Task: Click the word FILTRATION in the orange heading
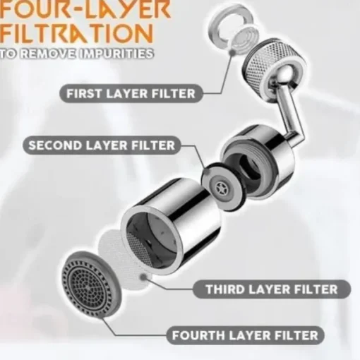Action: coord(76,35)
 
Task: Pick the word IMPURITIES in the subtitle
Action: coord(116,54)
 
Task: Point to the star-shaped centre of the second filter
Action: coord(222,186)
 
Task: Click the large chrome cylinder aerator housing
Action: coord(172,226)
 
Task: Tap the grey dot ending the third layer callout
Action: coord(143,277)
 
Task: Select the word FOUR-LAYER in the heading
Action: coord(85,10)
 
